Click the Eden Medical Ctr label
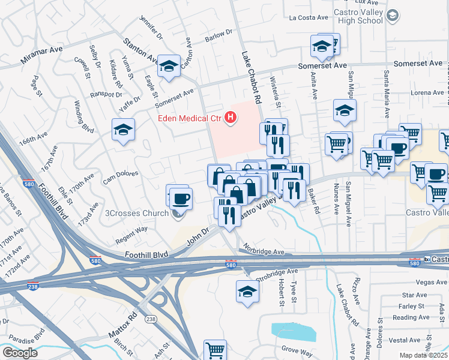(x=190, y=118)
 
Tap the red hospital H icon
(x=229, y=118)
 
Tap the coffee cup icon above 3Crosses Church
(x=180, y=197)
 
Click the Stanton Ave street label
(x=140, y=51)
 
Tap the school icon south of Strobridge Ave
(x=247, y=292)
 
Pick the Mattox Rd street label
(x=122, y=323)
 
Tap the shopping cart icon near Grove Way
(x=215, y=349)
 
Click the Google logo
(x=20, y=353)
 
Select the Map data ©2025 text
(x=423, y=356)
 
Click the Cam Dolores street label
(x=121, y=177)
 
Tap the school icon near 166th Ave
(x=123, y=130)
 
